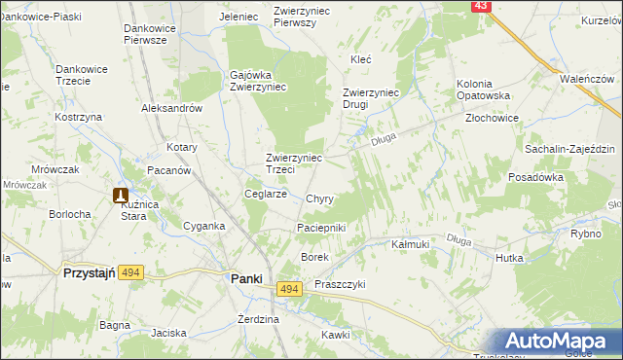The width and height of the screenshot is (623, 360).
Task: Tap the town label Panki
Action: [246, 278]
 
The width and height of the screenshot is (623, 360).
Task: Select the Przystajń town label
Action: [91, 274]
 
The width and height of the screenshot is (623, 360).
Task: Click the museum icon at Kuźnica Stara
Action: [122, 196]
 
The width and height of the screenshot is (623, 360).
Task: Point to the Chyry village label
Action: [319, 198]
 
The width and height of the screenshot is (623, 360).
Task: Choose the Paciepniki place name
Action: [321, 228]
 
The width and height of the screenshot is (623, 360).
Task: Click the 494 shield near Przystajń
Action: [132, 274]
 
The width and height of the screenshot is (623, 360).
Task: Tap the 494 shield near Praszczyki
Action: [288, 289]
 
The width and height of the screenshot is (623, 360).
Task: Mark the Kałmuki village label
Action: [410, 244]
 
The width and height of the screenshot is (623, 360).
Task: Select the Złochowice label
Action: [492, 118]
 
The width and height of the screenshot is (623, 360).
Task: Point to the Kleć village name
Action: [361, 59]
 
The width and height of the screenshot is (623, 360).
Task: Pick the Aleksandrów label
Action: [171, 109]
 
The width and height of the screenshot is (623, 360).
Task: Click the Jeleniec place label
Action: [238, 17]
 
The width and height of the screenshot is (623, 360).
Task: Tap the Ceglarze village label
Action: [265, 194]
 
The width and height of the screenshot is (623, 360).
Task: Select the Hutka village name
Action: [509, 258]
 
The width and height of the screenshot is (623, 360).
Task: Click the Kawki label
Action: [335, 334]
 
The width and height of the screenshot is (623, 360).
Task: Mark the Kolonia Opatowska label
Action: [484, 90]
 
